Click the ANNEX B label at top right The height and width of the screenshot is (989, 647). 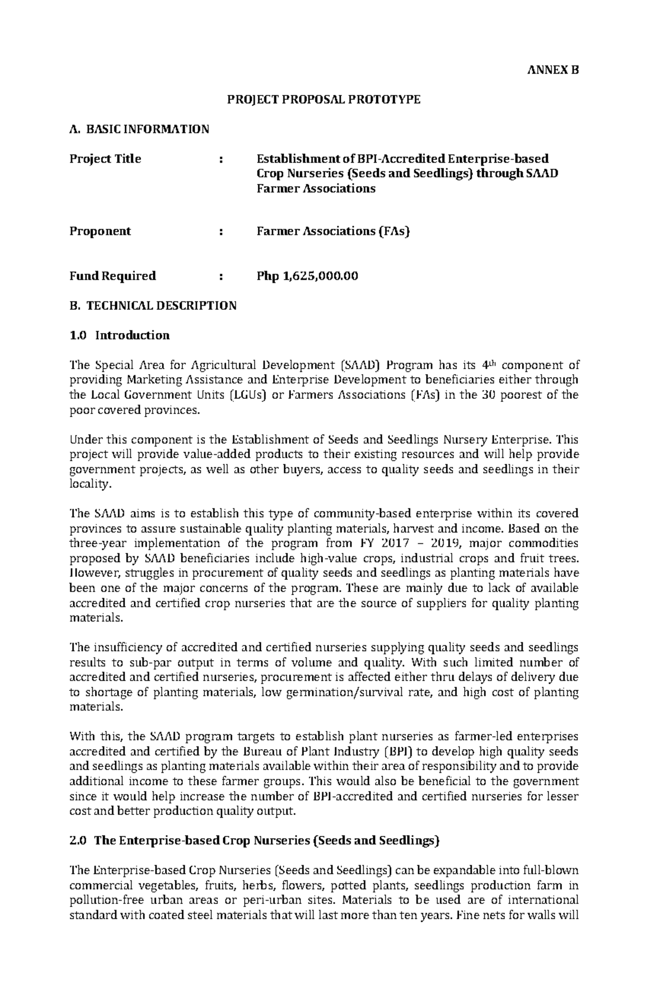pos(553,70)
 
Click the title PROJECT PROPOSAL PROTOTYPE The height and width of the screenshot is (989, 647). pos(323,100)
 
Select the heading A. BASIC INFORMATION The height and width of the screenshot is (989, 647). pos(139,129)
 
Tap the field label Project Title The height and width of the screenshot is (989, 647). pos(105,159)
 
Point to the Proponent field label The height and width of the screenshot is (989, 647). pos(100,231)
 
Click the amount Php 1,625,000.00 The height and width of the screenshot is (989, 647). pos(307,276)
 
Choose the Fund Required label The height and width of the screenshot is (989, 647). pos(113,276)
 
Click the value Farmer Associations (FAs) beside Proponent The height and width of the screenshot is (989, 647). pos(333,231)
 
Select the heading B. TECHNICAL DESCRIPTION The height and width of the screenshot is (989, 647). pos(153,306)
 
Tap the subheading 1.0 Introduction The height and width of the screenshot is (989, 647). pos(120,335)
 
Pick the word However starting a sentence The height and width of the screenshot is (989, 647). pos(90,573)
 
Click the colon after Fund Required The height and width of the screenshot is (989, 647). pos(221,276)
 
